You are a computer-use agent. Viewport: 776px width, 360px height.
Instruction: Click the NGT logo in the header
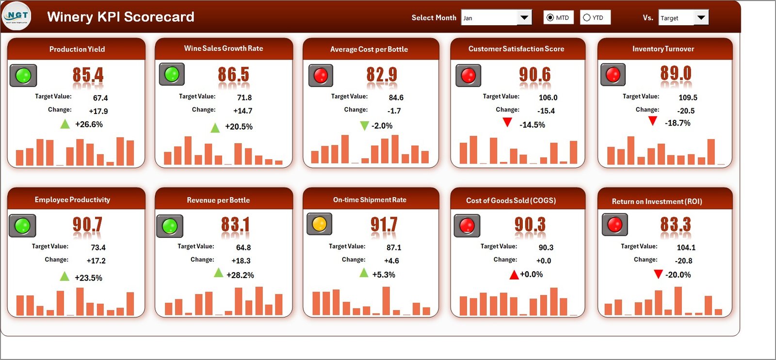[x=16, y=16]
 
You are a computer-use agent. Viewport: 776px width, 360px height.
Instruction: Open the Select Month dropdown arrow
[x=524, y=18]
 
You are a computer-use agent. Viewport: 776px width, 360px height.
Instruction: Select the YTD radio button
[x=587, y=17]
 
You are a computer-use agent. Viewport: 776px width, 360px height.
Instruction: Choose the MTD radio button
[x=550, y=17]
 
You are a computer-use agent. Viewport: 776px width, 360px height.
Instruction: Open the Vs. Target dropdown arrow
[x=701, y=18]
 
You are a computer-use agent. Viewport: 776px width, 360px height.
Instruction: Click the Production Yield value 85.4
[x=88, y=75]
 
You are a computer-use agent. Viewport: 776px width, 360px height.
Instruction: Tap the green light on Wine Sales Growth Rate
[x=172, y=74]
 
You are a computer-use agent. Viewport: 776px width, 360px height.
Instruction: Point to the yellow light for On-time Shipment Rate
[x=319, y=224]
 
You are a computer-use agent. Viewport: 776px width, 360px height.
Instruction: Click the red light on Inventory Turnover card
[x=613, y=75]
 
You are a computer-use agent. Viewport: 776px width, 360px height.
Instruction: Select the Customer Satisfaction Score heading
[x=516, y=49]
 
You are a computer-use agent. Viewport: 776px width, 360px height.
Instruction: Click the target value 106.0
[x=548, y=98]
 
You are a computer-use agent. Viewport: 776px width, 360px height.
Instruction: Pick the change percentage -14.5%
[x=532, y=125]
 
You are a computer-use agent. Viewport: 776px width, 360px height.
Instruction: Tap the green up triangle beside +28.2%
[x=219, y=273]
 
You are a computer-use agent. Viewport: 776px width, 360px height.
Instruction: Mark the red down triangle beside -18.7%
[x=653, y=121]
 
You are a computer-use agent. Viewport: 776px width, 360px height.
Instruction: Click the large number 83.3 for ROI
[x=675, y=225]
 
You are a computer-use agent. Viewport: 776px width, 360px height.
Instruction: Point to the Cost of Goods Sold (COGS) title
[x=511, y=200]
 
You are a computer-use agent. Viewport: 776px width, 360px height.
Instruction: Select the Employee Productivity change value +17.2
[x=96, y=261]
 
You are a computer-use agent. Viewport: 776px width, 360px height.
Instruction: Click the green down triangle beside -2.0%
[x=364, y=126]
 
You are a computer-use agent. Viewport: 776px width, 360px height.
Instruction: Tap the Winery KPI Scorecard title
[x=120, y=17]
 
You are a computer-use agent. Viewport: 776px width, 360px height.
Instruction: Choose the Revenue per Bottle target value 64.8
[x=243, y=247]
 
